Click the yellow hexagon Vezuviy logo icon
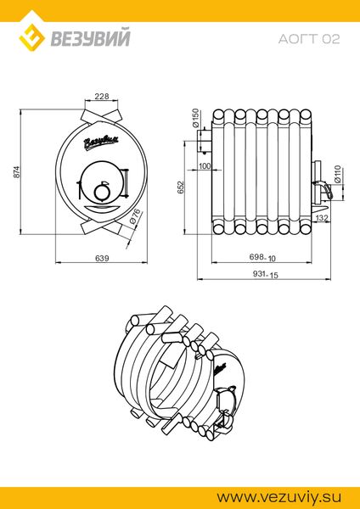(x=32, y=37)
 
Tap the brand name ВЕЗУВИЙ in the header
(x=90, y=37)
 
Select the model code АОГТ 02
(x=309, y=39)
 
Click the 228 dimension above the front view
(x=101, y=96)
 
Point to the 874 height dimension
(x=17, y=171)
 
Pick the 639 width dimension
(x=102, y=258)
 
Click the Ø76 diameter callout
(x=135, y=216)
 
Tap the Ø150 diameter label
(x=195, y=118)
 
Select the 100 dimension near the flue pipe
(x=205, y=166)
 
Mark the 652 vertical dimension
(x=180, y=187)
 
